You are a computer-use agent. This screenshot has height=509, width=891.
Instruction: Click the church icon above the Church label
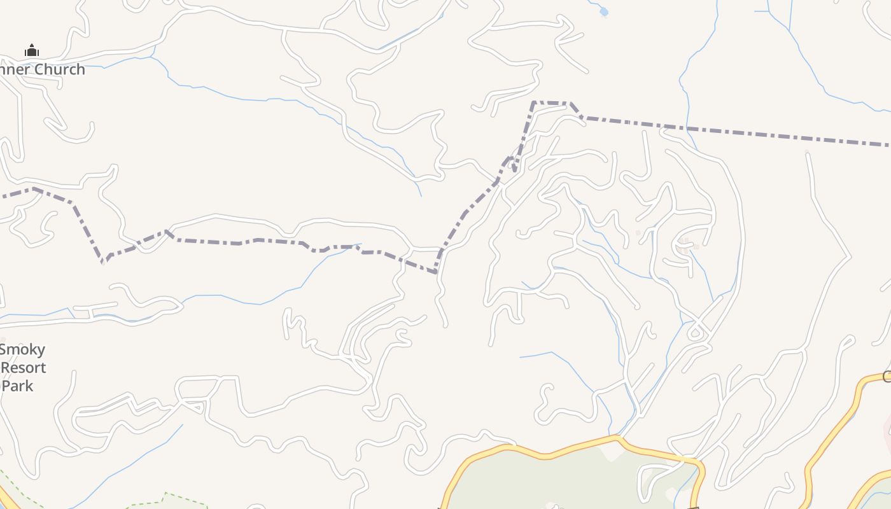tap(32, 51)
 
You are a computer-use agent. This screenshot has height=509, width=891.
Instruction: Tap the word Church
tap(60, 69)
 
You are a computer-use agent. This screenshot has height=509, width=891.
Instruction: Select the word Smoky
tap(22, 349)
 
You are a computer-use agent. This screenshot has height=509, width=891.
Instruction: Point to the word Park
tap(18, 386)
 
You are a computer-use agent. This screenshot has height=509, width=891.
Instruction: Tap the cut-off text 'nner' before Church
tap(12, 69)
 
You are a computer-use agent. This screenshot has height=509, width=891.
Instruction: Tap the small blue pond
tap(603, 11)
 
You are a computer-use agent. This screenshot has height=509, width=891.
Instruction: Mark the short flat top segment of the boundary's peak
tap(551, 102)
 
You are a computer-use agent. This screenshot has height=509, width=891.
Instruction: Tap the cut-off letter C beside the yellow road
tap(887, 377)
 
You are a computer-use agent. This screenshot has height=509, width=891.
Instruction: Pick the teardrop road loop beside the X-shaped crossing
tap(696, 331)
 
